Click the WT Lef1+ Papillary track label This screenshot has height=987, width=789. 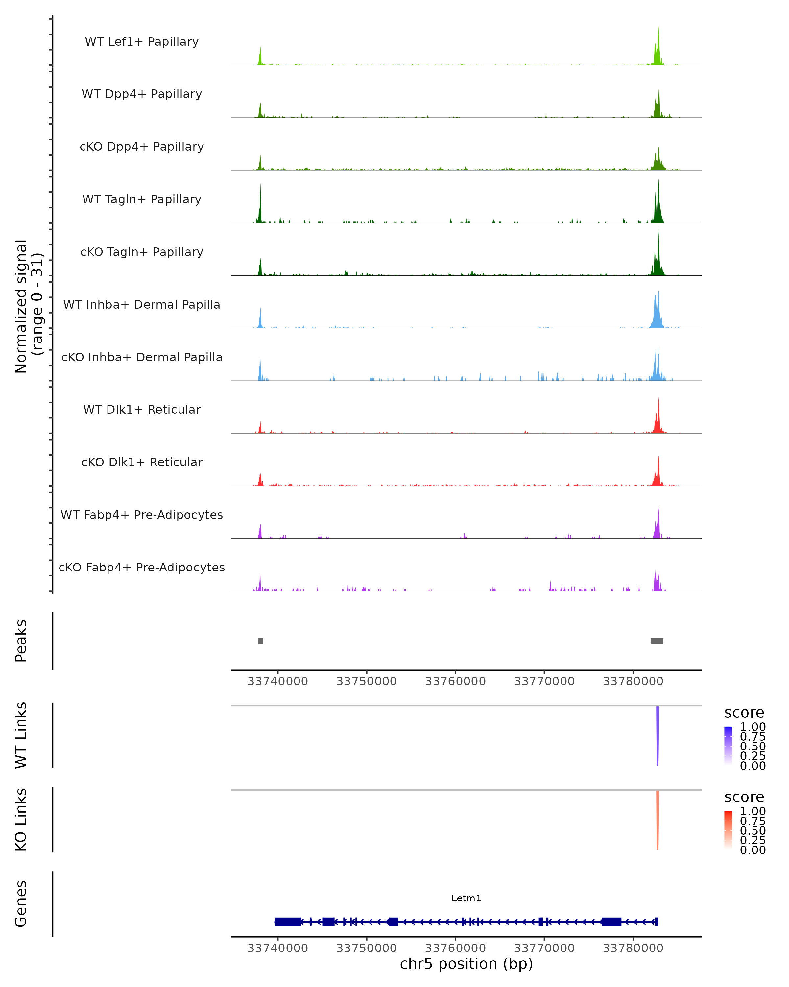[x=142, y=42]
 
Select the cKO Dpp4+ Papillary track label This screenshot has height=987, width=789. [x=142, y=146]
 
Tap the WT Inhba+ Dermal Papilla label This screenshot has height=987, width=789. [x=142, y=304]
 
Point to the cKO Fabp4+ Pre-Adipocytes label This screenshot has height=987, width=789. [x=142, y=567]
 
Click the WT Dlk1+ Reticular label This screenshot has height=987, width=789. [x=142, y=409]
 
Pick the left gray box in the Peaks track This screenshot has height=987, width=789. [x=261, y=641]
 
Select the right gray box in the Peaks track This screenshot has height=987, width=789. [x=657, y=641]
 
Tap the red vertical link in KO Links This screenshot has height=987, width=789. [x=657, y=820]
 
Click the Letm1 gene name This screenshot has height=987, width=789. [x=466, y=898]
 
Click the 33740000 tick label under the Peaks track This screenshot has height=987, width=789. [x=278, y=681]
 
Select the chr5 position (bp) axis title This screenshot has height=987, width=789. [x=466, y=964]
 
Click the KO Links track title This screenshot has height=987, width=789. [x=21, y=820]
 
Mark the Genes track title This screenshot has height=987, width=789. [x=21, y=904]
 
